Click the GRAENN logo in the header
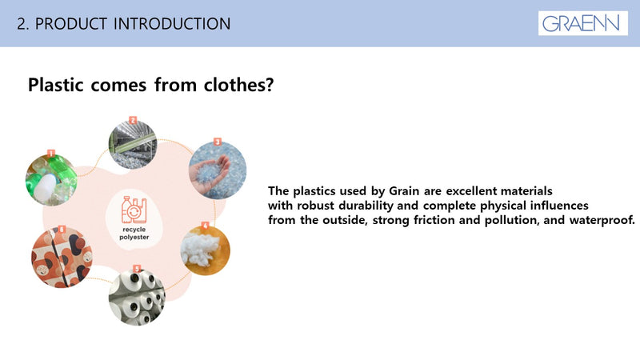[582, 23]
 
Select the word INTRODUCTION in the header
[172, 24]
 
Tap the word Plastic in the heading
[55, 85]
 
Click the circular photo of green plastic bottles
[51, 180]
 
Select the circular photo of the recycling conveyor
[133, 145]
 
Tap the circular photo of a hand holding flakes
[218, 170]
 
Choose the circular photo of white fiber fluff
[206, 250]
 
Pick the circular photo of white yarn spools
[137, 297]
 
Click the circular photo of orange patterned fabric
[62, 258]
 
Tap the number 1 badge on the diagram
[51, 154]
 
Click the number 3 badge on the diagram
[218, 142]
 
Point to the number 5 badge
[137, 269]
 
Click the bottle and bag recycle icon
[134, 210]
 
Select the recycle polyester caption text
[134, 234]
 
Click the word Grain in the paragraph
[404, 191]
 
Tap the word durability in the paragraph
[365, 206]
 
